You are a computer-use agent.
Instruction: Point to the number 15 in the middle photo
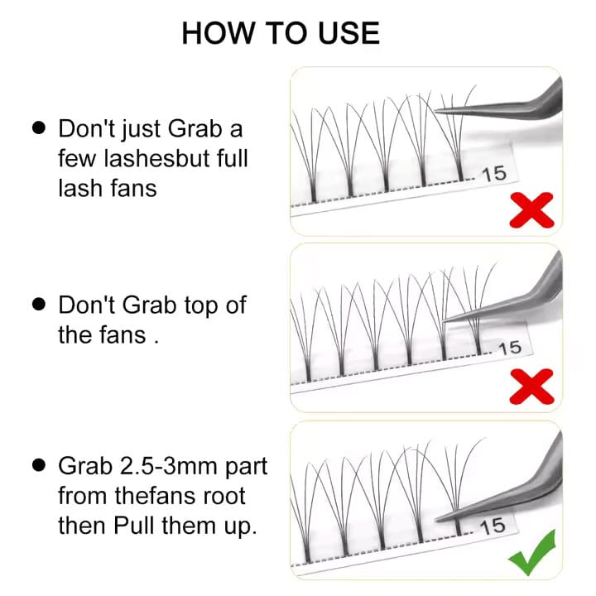(509, 348)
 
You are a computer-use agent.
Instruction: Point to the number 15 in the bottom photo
(492, 526)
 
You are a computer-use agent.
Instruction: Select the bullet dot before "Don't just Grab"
(38, 129)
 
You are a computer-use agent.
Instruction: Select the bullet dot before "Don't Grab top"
(38, 305)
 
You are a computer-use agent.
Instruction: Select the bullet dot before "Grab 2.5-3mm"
(38, 465)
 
